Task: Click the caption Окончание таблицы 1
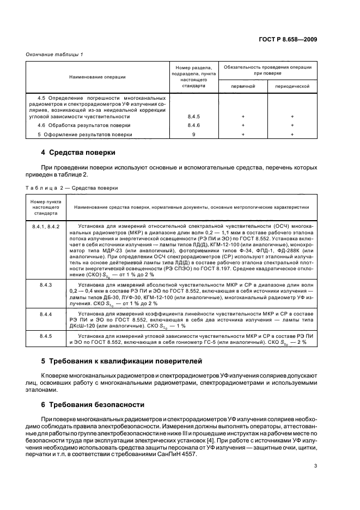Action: [52, 54]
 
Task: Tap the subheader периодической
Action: [292, 86]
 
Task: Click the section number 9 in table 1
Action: [194, 133]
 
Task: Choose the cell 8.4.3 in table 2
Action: [45, 285]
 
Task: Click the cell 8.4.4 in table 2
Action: [45, 314]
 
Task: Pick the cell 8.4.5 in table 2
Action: [45, 336]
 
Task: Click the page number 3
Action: [315, 466]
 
